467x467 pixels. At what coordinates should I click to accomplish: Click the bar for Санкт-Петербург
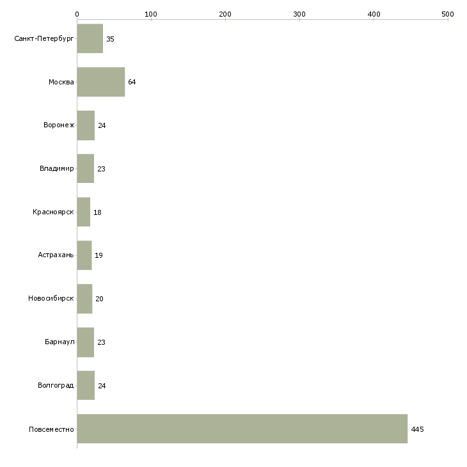[x=90, y=38]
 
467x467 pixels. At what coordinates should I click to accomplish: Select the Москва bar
[x=101, y=82]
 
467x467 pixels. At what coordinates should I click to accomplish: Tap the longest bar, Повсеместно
[x=242, y=429]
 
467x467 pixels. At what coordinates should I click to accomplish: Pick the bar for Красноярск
[x=84, y=212]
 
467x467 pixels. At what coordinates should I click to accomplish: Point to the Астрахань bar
[x=84, y=255]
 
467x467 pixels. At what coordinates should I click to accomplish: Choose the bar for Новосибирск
[x=84, y=299]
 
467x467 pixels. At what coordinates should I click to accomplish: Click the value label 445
[x=417, y=429]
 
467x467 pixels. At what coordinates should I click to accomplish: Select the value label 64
[x=132, y=82]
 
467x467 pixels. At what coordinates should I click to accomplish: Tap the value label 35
[x=110, y=39]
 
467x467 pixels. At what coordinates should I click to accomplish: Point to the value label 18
[x=97, y=212]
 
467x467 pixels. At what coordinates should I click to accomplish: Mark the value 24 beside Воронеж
[x=102, y=125]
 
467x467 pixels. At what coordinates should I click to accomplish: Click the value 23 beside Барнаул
[x=101, y=342]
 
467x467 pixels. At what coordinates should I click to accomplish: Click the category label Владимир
[x=56, y=169]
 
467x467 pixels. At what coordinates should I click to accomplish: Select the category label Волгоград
[x=56, y=385]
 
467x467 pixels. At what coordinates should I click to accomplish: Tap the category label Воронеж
[x=59, y=125]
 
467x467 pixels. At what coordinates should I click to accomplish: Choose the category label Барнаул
[x=59, y=342]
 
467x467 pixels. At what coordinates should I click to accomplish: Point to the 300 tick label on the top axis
[x=299, y=14]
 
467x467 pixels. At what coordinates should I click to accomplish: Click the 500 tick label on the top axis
[x=448, y=14]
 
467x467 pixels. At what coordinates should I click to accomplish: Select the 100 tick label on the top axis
[x=151, y=14]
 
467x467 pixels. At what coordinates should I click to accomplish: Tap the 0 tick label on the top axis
[x=77, y=14]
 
